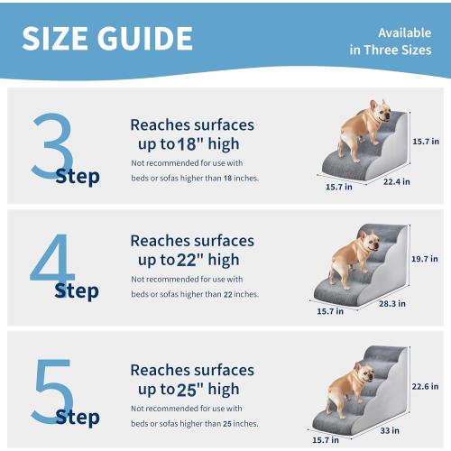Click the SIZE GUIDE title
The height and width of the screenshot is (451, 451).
(107, 38)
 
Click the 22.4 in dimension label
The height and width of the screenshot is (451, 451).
(394, 180)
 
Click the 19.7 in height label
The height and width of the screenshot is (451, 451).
(425, 257)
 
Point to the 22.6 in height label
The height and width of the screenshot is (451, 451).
(425, 386)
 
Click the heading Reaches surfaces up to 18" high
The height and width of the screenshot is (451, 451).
(192, 134)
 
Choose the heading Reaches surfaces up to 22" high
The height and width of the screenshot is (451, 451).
(192, 250)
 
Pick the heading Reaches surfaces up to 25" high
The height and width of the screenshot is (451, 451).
(192, 380)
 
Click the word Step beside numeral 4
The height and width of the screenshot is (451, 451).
(77, 291)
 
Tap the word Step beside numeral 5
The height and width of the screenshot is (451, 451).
(77, 417)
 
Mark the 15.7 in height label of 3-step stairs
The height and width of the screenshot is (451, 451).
(425, 142)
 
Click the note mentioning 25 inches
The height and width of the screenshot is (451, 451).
(195, 416)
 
